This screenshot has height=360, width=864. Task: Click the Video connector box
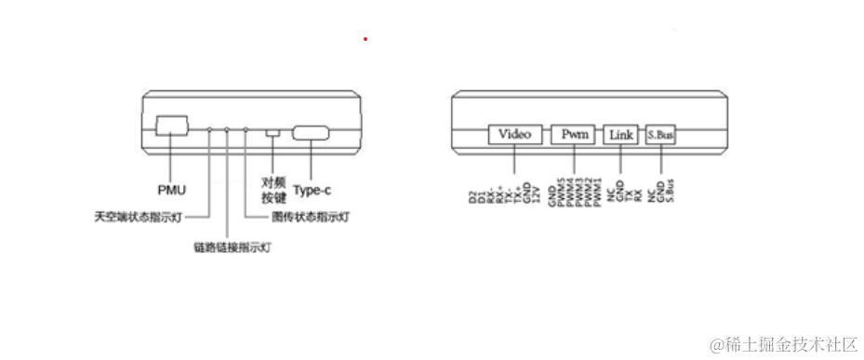tap(514, 134)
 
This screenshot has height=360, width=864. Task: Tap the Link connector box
tap(621, 135)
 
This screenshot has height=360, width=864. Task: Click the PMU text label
tap(171, 191)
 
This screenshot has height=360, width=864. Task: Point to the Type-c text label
tap(312, 191)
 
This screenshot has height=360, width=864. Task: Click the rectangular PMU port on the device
tap(171, 127)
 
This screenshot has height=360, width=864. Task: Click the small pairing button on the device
tap(272, 133)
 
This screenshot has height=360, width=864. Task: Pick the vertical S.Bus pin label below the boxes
tap(669, 190)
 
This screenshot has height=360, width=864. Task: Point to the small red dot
tap(366, 39)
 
